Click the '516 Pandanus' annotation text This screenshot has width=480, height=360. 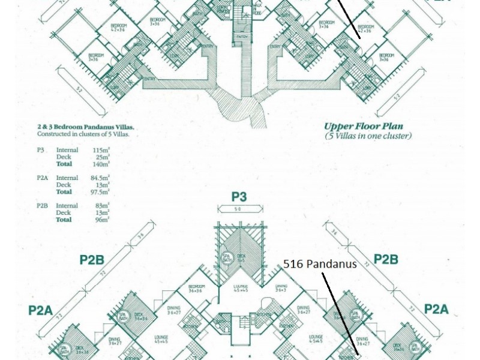[320, 264]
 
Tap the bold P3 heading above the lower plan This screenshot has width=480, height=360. [239, 197]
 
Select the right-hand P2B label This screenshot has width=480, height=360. [386, 259]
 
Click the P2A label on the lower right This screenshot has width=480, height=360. [436, 309]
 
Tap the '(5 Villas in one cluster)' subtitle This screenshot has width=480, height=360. [368, 136]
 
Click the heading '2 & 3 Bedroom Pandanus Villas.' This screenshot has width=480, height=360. [85, 127]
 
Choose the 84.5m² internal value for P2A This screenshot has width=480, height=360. [100, 178]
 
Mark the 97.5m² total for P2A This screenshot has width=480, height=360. [100, 192]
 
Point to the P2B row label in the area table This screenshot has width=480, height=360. [43, 206]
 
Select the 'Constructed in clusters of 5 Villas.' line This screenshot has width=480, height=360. [83, 134]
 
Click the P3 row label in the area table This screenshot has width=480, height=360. [40, 150]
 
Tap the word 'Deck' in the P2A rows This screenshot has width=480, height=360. [63, 185]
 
